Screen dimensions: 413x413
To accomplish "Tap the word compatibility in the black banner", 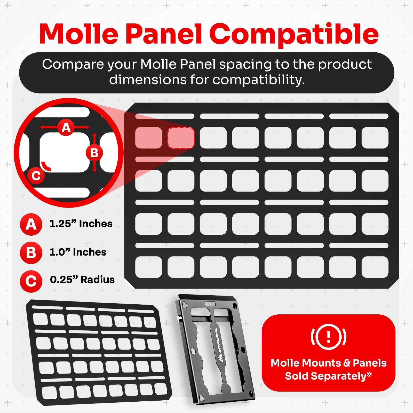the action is pyautogui.click(x=259, y=80).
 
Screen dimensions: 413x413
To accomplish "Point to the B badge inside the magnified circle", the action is pyautogui.click(x=94, y=153).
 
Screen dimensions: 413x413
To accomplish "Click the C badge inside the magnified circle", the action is pyautogui.click(x=36, y=176).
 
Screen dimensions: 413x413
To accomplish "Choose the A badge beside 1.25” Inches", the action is pyautogui.click(x=31, y=224).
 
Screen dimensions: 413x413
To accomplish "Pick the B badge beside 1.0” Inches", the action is pyautogui.click(x=31, y=253).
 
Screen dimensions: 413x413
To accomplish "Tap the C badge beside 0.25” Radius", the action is pyautogui.click(x=31, y=281).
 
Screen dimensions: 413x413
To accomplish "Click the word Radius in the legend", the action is pyautogui.click(x=98, y=280).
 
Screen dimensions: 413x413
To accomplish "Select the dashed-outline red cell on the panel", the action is pyautogui.click(x=181, y=138).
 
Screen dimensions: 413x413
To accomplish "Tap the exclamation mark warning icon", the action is pyautogui.click(x=328, y=337).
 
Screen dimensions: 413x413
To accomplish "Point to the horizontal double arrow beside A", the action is pyautogui.click(x=65, y=127).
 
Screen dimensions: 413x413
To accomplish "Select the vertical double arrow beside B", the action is pyautogui.click(x=94, y=153).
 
